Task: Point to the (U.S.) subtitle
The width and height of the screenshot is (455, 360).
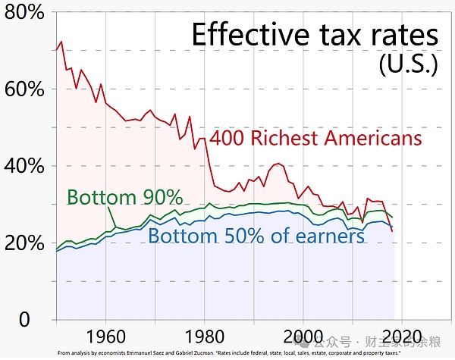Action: pyautogui.click(x=408, y=64)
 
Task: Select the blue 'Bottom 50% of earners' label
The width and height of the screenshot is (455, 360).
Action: pyautogui.click(x=256, y=236)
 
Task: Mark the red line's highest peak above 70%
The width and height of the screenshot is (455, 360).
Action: pyautogui.click(x=61, y=42)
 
